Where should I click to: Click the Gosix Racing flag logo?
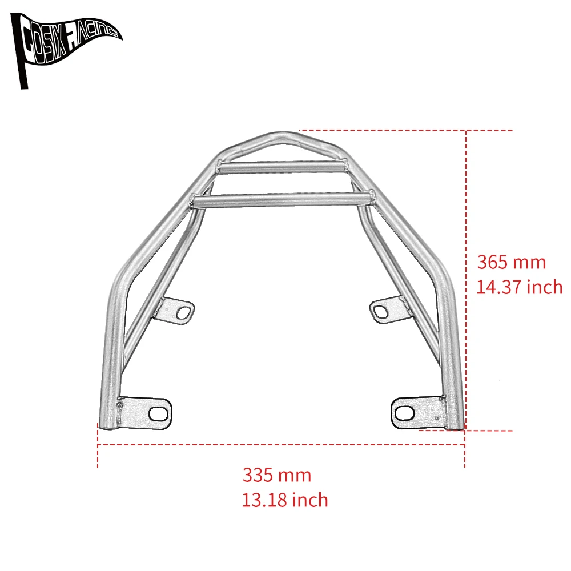click(x=66, y=43)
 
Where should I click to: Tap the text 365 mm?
click(x=511, y=262)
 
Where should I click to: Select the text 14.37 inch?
click(x=519, y=287)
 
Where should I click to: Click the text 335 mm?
click(x=277, y=475)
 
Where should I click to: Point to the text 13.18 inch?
click(x=285, y=500)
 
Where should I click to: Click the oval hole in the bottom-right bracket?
click(x=404, y=412)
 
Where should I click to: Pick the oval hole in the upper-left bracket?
click(x=184, y=312)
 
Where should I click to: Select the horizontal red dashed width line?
click(x=280, y=444)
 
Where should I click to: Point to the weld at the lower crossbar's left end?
click(x=195, y=201)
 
